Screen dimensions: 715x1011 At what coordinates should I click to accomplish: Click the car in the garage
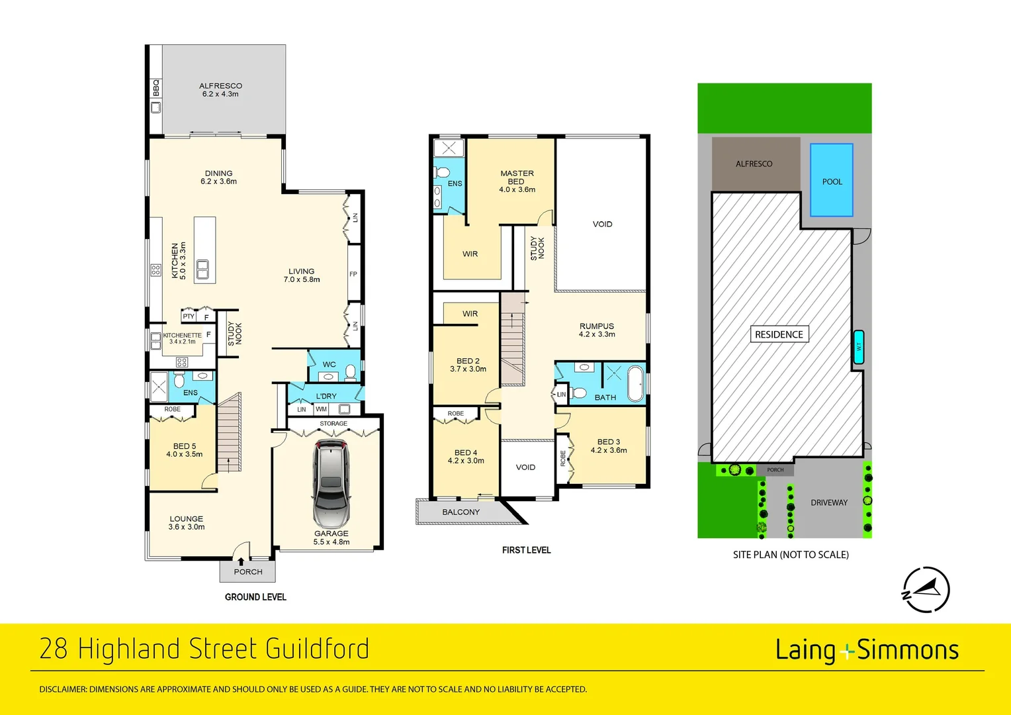pos(331,483)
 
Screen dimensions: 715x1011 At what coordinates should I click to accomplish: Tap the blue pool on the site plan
pos(832,180)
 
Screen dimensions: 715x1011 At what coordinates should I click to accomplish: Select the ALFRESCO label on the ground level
pos(220,89)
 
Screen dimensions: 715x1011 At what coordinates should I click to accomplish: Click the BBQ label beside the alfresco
pos(156,87)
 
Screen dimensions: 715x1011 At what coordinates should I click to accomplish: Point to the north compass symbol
pos(926,589)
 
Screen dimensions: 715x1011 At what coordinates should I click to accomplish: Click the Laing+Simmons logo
pos(867,650)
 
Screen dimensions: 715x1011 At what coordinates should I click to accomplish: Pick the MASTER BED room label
pos(517,181)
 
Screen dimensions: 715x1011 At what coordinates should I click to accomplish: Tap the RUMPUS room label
pos(597,330)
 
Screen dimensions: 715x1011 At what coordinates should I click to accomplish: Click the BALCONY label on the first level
pos(461,512)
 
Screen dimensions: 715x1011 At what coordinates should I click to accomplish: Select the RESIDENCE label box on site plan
pos(779,334)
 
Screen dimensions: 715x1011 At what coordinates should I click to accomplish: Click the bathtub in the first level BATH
pos(636,383)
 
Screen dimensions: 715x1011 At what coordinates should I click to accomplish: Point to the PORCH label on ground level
pos(248,571)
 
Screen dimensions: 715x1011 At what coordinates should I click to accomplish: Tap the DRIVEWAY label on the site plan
pos(829,502)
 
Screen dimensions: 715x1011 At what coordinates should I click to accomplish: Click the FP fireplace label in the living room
pos(353,273)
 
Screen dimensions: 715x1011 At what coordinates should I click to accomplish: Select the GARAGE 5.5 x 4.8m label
pos(331,538)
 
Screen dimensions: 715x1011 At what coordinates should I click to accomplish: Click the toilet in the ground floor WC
pos(351,372)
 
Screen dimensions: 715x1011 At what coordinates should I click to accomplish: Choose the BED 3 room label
pos(609,446)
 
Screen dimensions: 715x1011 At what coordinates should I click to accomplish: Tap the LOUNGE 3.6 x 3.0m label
pos(187,523)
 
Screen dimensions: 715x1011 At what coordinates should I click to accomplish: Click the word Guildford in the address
pos(317,649)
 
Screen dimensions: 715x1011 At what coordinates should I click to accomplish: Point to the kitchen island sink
pos(202,269)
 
